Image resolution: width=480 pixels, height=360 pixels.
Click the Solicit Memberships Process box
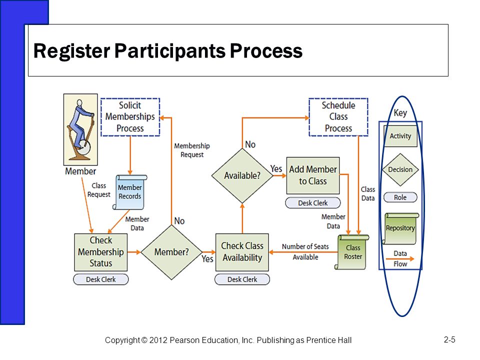(130, 117)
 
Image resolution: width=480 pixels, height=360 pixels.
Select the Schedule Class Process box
(338, 117)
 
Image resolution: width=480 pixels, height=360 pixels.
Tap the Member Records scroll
(130, 192)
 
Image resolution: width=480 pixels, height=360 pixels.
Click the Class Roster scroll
(352, 252)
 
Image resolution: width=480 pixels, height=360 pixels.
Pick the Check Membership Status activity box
(100, 252)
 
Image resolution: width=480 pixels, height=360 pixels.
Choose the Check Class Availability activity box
(242, 252)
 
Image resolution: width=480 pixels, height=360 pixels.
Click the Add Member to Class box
(313, 175)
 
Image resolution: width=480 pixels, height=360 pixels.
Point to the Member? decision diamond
(171, 252)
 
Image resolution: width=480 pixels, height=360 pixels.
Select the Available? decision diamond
(242, 175)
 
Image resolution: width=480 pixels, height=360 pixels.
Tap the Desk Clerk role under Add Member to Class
(313, 203)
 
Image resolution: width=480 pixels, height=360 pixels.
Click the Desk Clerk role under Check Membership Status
(100, 279)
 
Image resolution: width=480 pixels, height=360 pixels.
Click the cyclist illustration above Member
(80, 129)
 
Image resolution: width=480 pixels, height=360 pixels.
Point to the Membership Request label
(192, 150)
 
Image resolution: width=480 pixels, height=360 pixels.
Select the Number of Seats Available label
(305, 251)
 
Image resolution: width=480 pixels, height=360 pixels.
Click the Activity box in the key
(400, 136)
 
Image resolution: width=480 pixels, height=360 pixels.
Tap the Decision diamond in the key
(400, 169)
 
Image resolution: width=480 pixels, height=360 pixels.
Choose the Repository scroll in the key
(400, 228)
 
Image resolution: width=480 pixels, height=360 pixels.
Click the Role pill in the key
(400, 197)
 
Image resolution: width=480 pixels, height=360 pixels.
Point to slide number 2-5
(449, 340)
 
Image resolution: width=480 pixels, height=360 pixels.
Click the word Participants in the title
(170, 51)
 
